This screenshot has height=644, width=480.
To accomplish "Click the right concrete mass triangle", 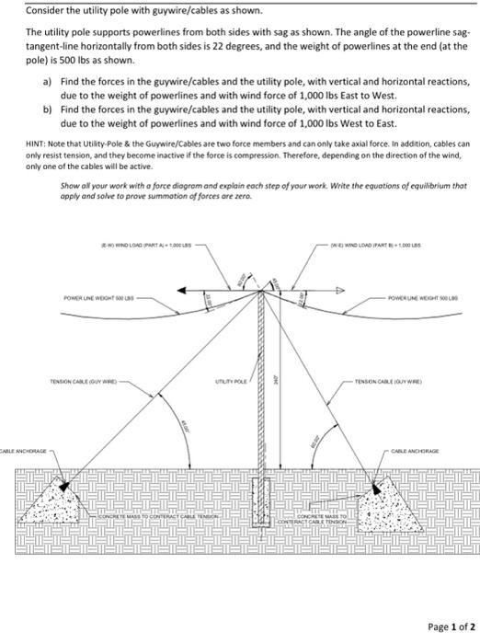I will [x=390, y=502].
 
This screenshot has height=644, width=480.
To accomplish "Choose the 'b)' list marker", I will [x=46, y=109].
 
